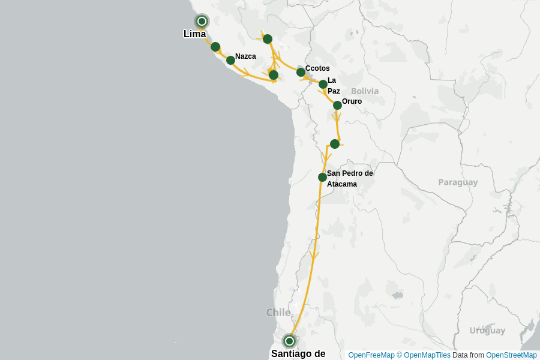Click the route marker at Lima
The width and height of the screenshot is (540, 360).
pos(202,22)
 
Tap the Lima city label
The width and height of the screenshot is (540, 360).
pos(194,34)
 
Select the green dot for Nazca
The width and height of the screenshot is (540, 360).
pos(230,60)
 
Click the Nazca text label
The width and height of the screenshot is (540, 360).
pos(245,56)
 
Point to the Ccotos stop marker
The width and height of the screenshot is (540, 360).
pos(301,72)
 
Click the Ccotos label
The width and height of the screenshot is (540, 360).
pos(317,68)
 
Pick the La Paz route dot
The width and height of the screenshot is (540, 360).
pos(323,84)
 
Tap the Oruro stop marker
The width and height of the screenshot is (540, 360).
pos(337,105)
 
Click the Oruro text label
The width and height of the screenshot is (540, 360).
pos(352,101)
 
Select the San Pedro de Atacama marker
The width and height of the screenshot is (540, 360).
pos(322,177)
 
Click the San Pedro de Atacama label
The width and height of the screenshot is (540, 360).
pos(349,179)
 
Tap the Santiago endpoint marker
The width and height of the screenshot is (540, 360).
pos(289,341)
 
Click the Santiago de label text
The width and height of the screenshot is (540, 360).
pos(298,354)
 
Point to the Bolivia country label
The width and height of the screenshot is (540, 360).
pos(365,91)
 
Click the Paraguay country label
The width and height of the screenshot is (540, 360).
pos(458,182)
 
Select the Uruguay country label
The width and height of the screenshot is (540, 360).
pos(487,331)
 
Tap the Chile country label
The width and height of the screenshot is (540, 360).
pos(278,313)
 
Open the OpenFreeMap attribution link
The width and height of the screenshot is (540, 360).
pos(371,355)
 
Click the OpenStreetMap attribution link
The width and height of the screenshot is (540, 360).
pos(511,355)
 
